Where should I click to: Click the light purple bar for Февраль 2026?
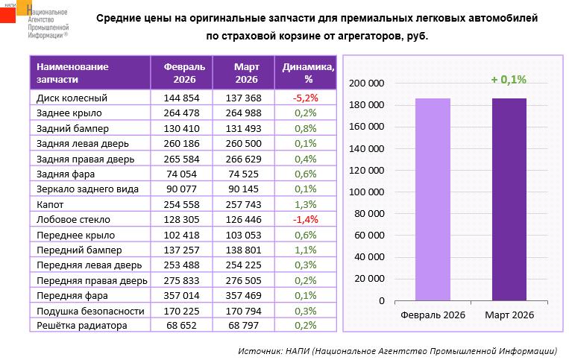click(433, 199)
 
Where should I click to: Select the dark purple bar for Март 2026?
click(509, 199)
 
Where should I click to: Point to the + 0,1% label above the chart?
click(509, 79)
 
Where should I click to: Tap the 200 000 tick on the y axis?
click(367, 83)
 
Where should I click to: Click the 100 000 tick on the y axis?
click(367, 192)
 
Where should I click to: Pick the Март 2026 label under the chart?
click(509, 315)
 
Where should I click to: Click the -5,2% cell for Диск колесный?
click(306, 98)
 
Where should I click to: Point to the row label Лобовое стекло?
click(73, 219)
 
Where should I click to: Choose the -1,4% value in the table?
click(306, 219)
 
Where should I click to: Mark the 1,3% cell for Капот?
click(306, 204)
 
